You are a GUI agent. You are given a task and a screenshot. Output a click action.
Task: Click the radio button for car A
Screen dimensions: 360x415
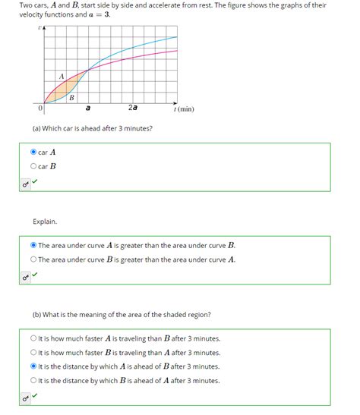tap(33, 152)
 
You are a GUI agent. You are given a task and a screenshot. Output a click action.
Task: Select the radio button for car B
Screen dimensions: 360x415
tap(33, 166)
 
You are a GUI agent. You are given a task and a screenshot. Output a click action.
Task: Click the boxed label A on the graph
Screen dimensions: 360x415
tap(62, 74)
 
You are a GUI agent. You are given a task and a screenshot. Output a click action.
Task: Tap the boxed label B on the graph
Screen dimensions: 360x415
tap(72, 98)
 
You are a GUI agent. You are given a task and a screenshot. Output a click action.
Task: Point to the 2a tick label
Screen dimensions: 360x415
tap(133, 108)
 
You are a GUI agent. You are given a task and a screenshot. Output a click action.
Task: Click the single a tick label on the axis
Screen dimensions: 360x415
tap(88, 108)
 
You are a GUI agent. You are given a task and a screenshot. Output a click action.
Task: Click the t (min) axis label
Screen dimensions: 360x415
tap(184, 109)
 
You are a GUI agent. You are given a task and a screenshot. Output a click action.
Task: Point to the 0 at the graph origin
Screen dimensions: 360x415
tap(40, 108)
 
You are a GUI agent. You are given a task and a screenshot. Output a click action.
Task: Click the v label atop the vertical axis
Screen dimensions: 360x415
tap(39, 28)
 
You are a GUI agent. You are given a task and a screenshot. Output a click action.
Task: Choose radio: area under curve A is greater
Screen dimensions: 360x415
tap(33, 245)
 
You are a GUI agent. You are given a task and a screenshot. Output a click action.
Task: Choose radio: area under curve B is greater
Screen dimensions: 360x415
tap(33, 259)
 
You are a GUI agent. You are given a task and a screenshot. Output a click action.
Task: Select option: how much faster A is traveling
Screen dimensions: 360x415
tap(33, 338)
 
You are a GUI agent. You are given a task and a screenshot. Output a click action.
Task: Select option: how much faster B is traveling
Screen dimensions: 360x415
tap(33, 352)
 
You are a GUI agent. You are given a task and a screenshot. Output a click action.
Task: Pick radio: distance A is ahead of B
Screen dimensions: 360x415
tap(33, 366)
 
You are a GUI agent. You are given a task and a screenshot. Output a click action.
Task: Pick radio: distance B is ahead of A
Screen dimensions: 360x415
tap(33, 381)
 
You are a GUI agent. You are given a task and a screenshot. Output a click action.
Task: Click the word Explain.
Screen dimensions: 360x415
tap(44, 222)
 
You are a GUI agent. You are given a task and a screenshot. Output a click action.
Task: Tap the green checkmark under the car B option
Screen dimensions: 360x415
tap(35, 182)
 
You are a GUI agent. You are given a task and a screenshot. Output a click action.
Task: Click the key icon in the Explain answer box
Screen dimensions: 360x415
tap(25, 276)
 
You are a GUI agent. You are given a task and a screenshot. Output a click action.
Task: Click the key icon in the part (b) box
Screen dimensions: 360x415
tap(25, 397)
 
